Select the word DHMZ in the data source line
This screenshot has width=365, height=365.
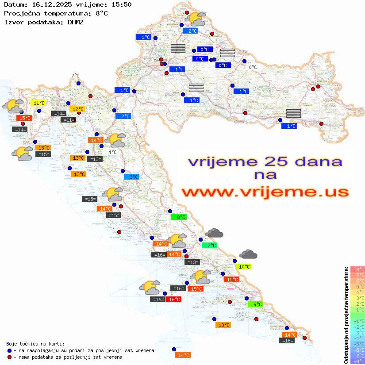75,22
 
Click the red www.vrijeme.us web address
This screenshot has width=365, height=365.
265,192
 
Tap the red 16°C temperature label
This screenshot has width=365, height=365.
174,300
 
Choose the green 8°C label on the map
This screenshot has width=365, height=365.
179,217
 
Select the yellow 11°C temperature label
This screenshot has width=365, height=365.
38,103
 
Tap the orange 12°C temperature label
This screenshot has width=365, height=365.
77,109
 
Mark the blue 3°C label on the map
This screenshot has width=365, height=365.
131,177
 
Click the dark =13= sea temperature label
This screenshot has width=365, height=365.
192,262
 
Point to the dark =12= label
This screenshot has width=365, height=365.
95,159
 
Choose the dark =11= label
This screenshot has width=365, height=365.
69,119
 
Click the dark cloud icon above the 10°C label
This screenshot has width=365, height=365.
248,254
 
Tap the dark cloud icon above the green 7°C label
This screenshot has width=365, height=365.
215,233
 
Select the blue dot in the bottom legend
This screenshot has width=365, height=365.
9,350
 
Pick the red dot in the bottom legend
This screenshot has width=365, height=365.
9,357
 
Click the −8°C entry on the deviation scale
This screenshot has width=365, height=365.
357,361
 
